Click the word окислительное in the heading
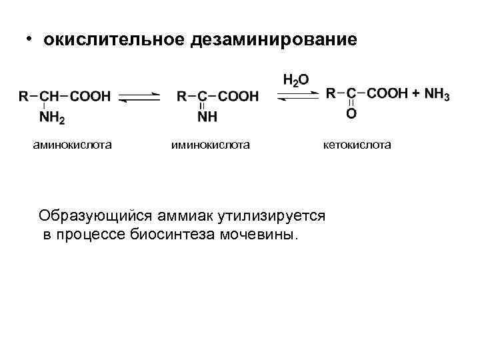point(113,41)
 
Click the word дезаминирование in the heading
point(273,41)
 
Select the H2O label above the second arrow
point(295,80)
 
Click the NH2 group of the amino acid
point(52,119)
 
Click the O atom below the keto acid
point(351,114)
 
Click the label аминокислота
point(72,145)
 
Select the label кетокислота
point(358,145)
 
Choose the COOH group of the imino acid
point(238,97)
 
